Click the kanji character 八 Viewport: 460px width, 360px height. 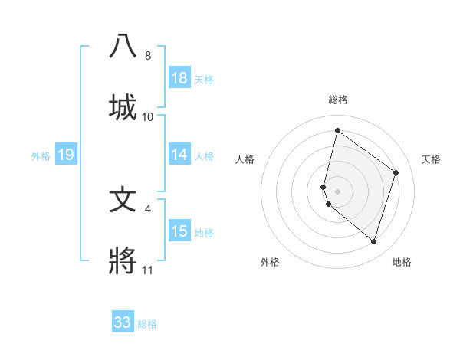click(123, 47)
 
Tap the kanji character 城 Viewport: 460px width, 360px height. click(123, 107)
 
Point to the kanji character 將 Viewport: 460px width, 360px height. click(123, 261)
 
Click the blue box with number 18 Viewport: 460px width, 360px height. click(179, 77)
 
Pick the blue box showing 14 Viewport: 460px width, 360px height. click(179, 155)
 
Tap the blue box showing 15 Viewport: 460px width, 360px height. click(179, 231)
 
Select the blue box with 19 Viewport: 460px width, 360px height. click(66, 155)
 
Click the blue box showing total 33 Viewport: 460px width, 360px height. click(123, 322)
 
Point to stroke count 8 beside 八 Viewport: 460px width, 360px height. click(148, 56)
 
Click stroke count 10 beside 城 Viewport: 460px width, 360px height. click(148, 117)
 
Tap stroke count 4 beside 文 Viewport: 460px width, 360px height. click(148, 208)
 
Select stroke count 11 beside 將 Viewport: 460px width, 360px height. click(148, 270)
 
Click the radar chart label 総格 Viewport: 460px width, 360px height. click(338, 100)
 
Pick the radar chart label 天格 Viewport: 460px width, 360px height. click(432, 159)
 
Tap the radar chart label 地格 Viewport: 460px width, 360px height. click(402, 262)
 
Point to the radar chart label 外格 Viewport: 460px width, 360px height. click(270, 262)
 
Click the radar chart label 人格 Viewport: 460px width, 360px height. click(245, 159)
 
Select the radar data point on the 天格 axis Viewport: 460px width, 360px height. click(396, 172)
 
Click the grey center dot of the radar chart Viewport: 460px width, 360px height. click(338, 191)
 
